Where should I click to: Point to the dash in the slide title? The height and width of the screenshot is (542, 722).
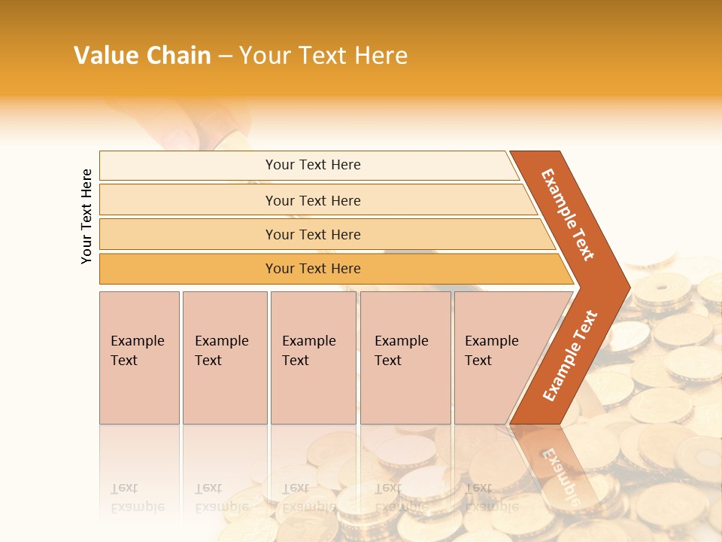tap(225, 56)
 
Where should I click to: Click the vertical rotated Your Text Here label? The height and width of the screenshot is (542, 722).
tap(86, 216)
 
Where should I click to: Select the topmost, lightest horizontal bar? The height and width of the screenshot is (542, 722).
tap(312, 165)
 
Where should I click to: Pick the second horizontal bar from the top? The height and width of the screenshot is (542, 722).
tap(312, 200)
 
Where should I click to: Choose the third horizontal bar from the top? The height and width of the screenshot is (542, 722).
tap(312, 234)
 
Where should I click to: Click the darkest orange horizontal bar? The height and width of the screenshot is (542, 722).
tap(312, 269)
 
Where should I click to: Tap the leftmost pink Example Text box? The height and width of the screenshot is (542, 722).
tap(139, 358)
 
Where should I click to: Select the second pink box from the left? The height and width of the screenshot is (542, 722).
tap(224, 358)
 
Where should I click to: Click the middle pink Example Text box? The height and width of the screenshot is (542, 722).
tap(313, 358)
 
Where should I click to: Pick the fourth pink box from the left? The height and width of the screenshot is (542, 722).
tap(405, 358)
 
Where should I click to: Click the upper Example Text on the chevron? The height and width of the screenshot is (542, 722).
tap(568, 215)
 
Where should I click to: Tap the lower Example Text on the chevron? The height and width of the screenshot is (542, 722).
tap(569, 356)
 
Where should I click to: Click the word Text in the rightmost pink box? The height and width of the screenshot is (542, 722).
tap(478, 361)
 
